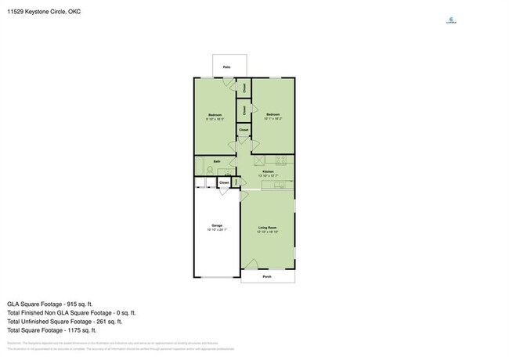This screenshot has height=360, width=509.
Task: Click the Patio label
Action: click(226, 68)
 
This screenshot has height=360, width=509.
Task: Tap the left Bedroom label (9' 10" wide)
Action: click(215, 115)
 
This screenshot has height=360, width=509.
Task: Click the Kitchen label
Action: click(268, 171)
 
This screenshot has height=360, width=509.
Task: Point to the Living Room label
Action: click(268, 229)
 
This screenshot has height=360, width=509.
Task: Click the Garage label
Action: click(216, 225)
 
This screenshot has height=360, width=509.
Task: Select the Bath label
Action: click(216, 161)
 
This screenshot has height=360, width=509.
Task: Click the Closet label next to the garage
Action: click(224, 182)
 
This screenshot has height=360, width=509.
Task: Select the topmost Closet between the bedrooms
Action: click(244, 88)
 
